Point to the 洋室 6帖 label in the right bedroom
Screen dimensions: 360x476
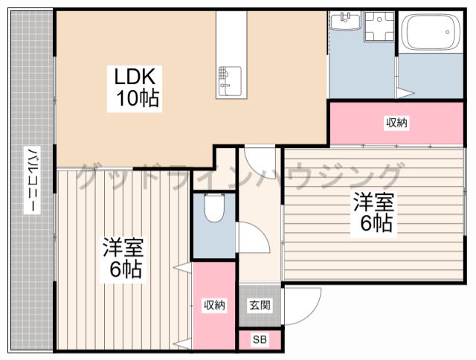pyautogui.click(x=373, y=213)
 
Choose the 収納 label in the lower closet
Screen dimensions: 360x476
pyautogui.click(x=214, y=305)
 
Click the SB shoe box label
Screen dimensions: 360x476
pyautogui.click(x=259, y=341)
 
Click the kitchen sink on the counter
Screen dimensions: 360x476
pyautogui.click(x=229, y=79)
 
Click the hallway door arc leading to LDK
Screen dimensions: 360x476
pyautogui.click(x=260, y=160)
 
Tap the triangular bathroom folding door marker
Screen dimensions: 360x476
pyautogui.click(x=404, y=93)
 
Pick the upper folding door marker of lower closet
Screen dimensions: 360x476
pyautogui.click(x=181, y=268)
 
